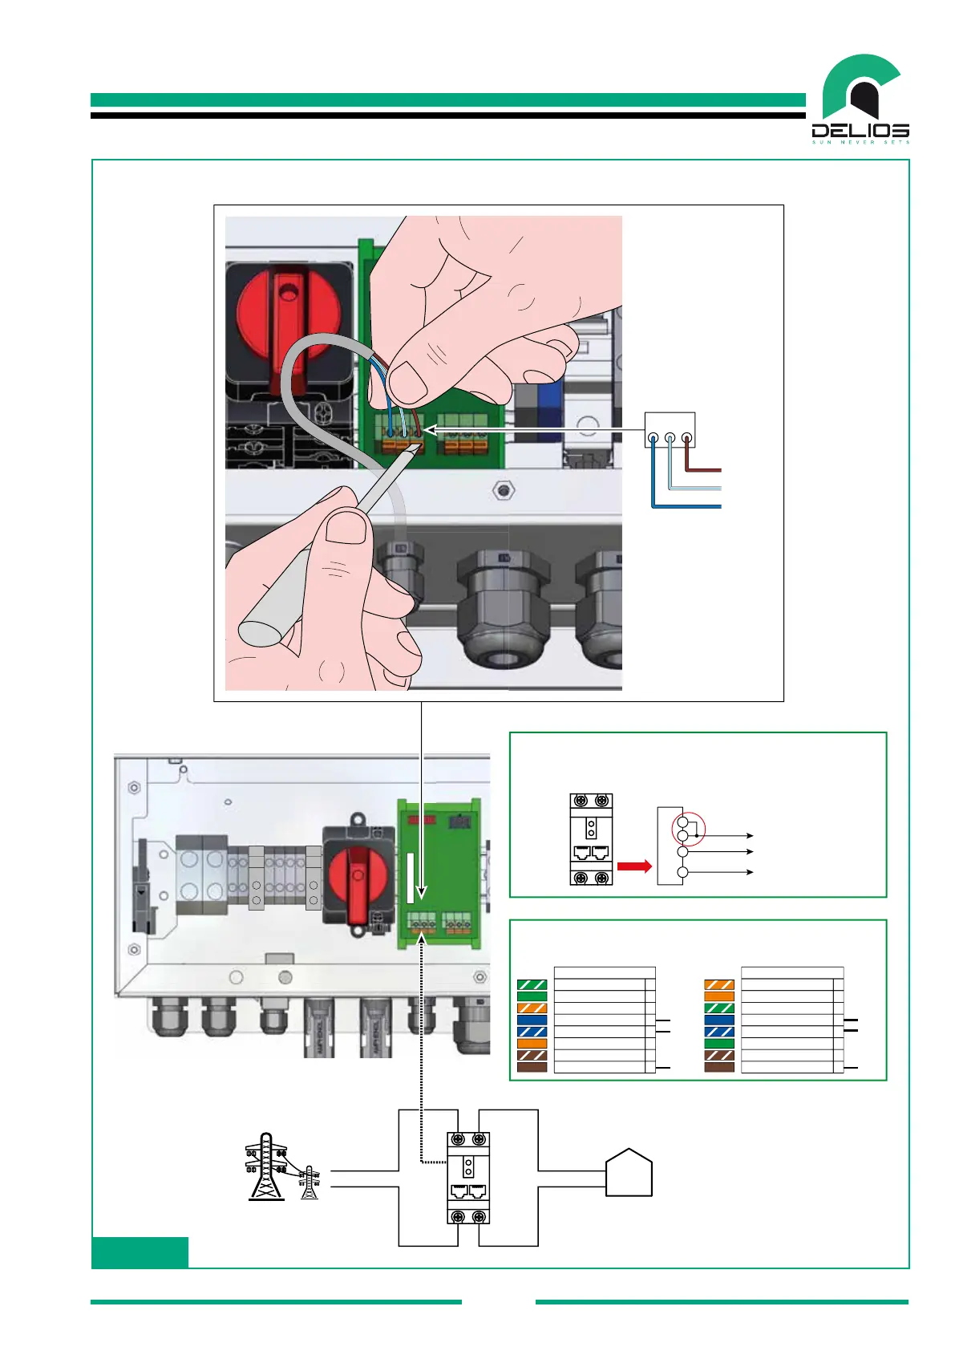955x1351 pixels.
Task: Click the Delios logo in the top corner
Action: [x=860, y=100]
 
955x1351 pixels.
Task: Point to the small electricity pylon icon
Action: [x=310, y=1183]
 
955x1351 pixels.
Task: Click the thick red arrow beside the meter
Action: [x=634, y=866]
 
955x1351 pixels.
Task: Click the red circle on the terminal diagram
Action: [x=689, y=830]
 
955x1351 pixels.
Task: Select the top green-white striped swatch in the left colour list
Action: [x=532, y=984]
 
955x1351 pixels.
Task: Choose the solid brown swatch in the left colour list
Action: [x=532, y=1067]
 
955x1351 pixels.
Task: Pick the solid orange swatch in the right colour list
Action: [x=719, y=996]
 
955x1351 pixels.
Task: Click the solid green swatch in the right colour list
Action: [x=719, y=1044]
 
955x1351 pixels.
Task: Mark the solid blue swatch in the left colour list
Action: [x=532, y=1020]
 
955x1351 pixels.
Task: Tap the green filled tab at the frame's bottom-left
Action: [x=140, y=1252]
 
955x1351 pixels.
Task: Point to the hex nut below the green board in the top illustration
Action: [x=503, y=489]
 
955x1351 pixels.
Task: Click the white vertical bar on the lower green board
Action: [x=411, y=878]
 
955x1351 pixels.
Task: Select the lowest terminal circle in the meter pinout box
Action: [x=682, y=873]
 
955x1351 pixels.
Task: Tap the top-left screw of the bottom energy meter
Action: [x=458, y=1140]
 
